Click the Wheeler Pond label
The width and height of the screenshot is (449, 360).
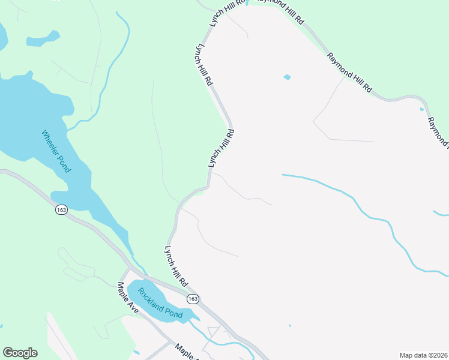click(56, 151)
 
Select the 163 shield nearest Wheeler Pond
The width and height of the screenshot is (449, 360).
click(61, 209)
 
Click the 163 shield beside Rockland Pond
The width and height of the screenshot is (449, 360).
click(192, 298)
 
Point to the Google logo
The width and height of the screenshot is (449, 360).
click(20, 353)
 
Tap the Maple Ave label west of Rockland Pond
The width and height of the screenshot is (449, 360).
click(128, 298)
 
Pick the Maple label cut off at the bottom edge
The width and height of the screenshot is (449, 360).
click(186, 352)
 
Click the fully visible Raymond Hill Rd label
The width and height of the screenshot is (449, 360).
click(349, 73)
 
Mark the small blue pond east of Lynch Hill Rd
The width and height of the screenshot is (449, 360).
click(287, 77)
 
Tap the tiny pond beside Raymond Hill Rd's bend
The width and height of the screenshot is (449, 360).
click(422, 109)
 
